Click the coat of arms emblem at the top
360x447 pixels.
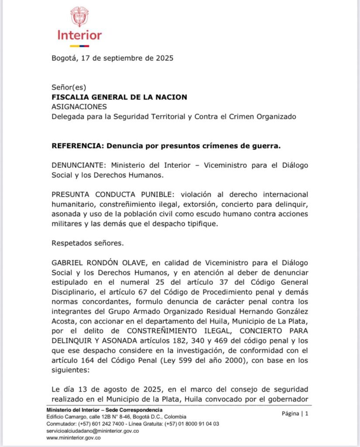(x=79, y=17)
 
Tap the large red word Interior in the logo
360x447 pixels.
(x=79, y=35)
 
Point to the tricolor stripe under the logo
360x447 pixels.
(x=79, y=46)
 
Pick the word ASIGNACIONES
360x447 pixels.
(x=79, y=107)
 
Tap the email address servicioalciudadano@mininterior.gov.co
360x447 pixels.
(x=93, y=431)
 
